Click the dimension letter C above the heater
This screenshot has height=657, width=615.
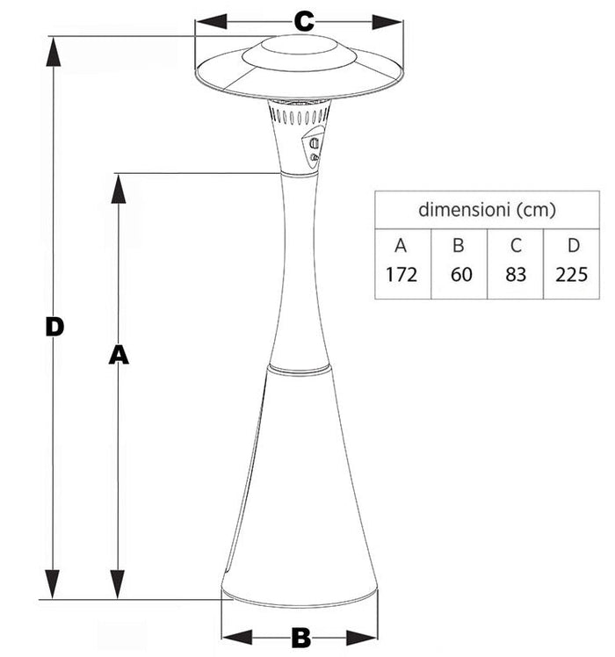(303, 21)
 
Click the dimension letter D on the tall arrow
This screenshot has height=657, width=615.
(54, 327)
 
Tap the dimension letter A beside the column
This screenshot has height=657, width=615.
(119, 354)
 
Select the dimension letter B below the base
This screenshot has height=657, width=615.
(300, 638)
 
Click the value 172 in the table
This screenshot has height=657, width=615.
(402, 274)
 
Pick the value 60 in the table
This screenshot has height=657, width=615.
(460, 274)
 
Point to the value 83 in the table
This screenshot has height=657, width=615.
(516, 274)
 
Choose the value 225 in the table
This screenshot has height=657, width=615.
(572, 274)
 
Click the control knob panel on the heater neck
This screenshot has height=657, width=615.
(314, 147)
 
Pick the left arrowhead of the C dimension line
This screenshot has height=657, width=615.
(207, 22)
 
